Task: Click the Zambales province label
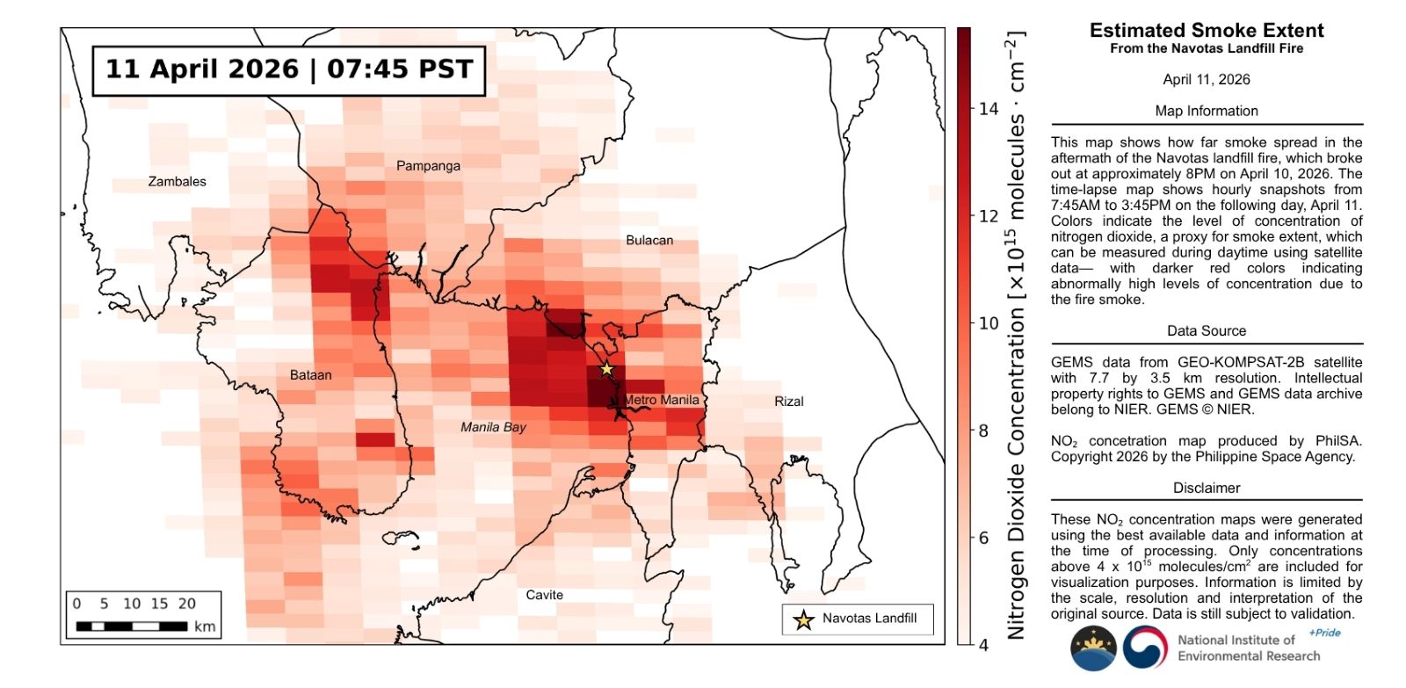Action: click(177, 181)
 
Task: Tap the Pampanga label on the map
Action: click(428, 165)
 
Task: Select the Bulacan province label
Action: click(649, 240)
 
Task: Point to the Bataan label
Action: click(311, 375)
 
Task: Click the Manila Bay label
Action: click(493, 427)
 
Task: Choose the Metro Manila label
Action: click(662, 400)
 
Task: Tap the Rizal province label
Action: click(788, 401)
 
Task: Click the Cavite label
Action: click(544, 595)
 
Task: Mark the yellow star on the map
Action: click(606, 369)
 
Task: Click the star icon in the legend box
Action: click(803, 620)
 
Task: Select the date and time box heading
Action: click(289, 69)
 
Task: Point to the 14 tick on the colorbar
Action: click(989, 109)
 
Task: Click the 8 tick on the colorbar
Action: click(984, 431)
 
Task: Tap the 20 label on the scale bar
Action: click(186, 604)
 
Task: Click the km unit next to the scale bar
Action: click(205, 626)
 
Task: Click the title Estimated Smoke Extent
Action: click(1206, 30)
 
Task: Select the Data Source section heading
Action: click(1206, 330)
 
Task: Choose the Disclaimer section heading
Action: click(1206, 488)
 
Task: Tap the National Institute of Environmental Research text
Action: click(1248, 648)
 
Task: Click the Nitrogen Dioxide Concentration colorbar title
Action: click(1016, 334)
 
